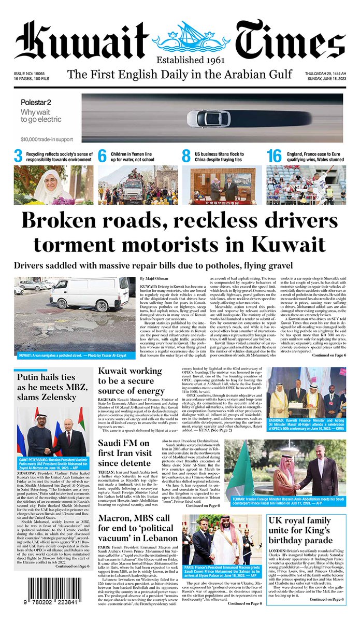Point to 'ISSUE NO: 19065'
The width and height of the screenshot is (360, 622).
(29, 75)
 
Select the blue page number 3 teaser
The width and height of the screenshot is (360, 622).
(18, 156)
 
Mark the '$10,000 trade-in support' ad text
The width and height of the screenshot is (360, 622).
(47, 139)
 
